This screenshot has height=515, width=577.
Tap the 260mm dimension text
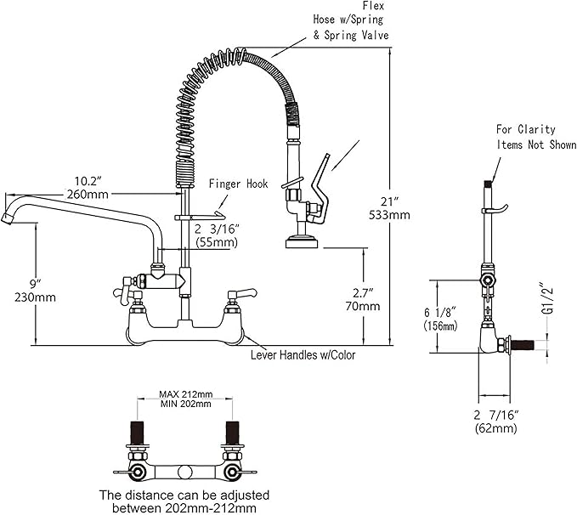tap(88, 195)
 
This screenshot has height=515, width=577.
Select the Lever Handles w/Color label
tap(303, 354)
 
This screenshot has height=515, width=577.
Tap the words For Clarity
tap(526, 130)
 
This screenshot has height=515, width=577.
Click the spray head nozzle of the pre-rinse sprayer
tap(301, 243)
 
